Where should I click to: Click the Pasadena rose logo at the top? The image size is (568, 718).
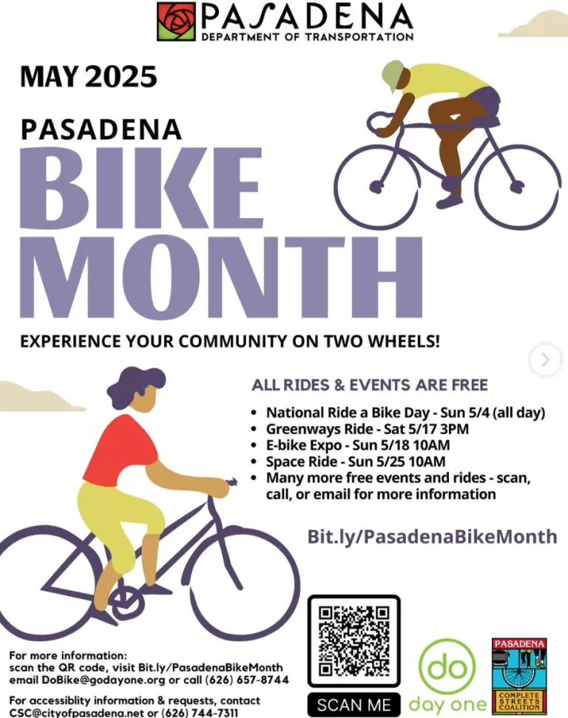176,21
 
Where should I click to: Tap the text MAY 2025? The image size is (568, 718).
89,76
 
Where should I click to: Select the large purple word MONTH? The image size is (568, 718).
221,277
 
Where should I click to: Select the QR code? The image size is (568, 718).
354,641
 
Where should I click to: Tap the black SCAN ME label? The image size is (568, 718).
354,705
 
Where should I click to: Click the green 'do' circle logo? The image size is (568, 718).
447,667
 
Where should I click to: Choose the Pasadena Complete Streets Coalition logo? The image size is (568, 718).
519,677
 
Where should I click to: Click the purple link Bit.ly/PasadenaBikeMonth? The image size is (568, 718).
432,536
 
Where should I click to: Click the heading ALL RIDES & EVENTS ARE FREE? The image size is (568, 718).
370,385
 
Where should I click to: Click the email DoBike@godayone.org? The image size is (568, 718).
103,680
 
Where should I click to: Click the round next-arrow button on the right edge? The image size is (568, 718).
545,360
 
